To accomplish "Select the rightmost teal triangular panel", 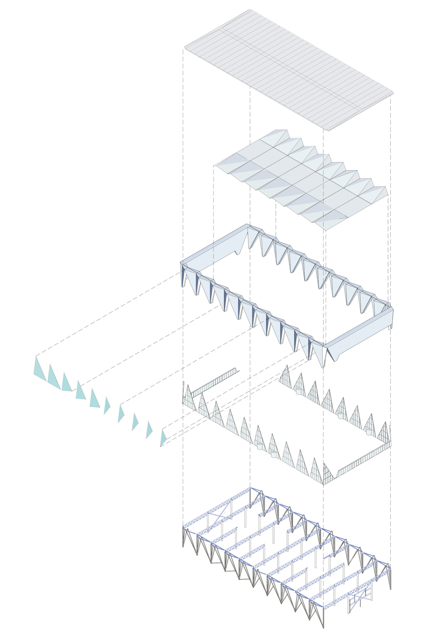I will [163, 438].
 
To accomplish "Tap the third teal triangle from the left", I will [66, 383].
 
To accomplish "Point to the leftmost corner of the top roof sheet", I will [185, 48].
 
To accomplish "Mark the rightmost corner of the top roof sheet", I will [393, 93].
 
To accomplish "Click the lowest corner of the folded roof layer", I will [326, 230].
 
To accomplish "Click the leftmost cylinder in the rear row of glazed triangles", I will [299, 391].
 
